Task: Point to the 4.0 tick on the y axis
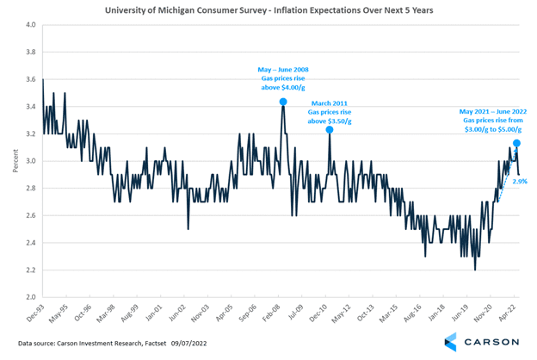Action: [29, 25]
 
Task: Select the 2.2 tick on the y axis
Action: [29, 270]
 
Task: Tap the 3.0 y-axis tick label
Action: [29, 161]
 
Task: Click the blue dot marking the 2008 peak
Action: [283, 102]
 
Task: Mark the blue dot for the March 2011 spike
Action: [330, 129]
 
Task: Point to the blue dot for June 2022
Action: [516, 143]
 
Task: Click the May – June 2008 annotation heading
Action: [284, 69]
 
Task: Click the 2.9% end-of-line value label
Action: [520, 182]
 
